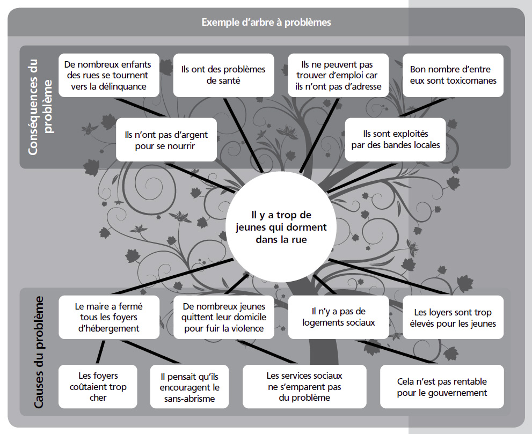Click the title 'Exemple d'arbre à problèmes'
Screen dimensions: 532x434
click(266, 23)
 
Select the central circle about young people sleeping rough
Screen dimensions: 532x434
click(281, 227)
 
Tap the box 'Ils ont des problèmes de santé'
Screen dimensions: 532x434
click(223, 75)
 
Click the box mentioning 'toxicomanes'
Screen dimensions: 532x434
click(453, 75)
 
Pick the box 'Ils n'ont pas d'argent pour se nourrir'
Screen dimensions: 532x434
click(166, 139)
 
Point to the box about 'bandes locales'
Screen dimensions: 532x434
click(395, 139)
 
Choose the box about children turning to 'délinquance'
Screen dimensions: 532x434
click(109, 75)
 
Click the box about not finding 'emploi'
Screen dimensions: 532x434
click(338, 75)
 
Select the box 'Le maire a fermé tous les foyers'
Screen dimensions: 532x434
click(109, 318)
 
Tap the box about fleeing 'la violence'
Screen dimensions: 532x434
click(223, 318)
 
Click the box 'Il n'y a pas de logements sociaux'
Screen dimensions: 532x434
click(338, 318)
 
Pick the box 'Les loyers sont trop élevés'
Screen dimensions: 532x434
click(453, 318)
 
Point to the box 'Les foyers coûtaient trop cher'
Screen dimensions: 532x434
click(98, 387)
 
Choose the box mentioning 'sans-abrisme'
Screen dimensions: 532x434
click(190, 387)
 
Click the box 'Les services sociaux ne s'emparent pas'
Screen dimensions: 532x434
click(304, 387)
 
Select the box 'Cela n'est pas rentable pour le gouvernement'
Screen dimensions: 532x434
click(442, 387)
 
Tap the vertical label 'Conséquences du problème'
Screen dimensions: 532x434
click(40, 107)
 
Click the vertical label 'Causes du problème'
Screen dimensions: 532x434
click(39, 352)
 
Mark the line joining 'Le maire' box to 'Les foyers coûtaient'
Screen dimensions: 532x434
click(100, 352)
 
